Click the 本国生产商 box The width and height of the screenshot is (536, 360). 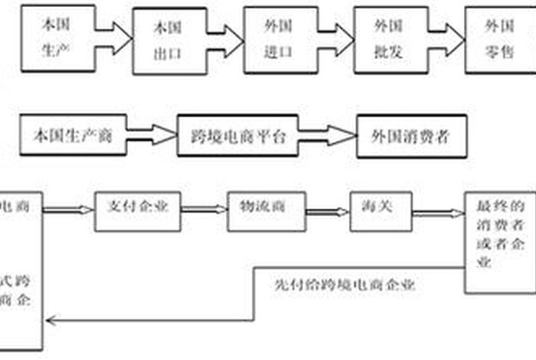(x=73, y=136)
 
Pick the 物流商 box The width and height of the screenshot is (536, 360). (x=260, y=209)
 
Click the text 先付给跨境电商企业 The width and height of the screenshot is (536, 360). (x=344, y=284)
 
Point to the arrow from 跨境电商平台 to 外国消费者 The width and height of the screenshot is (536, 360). (x=330, y=136)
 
